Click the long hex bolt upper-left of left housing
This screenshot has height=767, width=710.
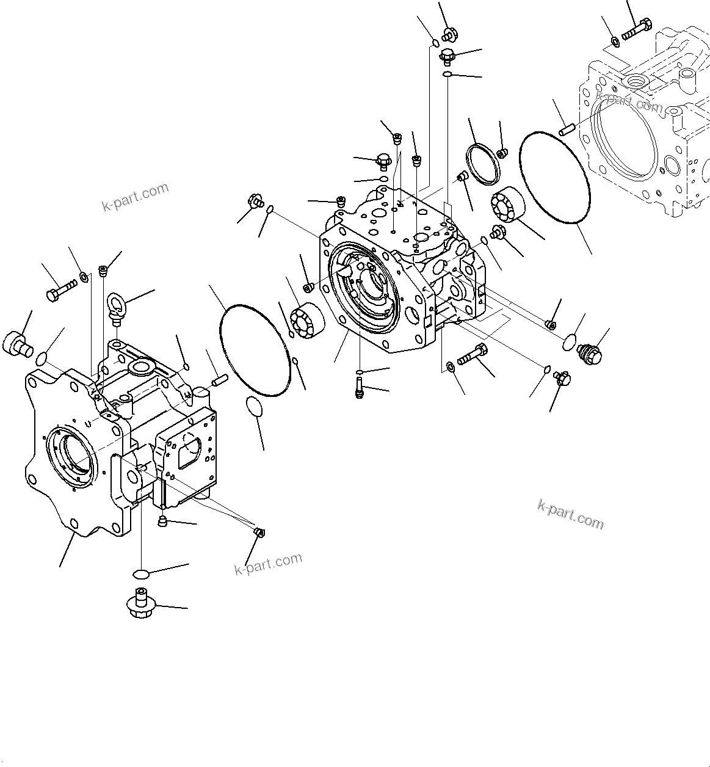[x=60, y=289]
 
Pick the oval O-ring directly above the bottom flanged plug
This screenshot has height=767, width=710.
[x=142, y=574]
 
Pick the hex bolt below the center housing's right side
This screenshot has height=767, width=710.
[x=473, y=352]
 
